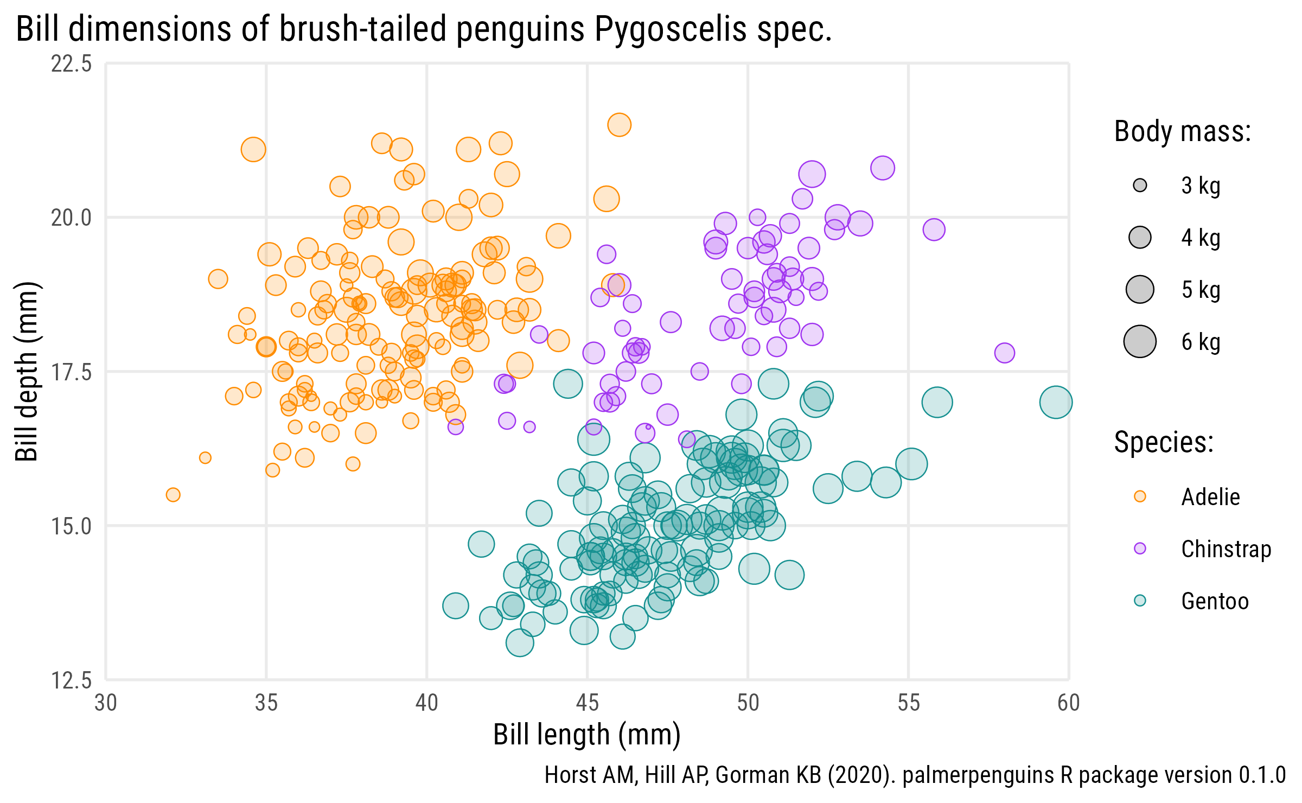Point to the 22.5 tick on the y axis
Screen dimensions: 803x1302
pos(72,64)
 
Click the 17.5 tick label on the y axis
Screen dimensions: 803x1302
pos(72,372)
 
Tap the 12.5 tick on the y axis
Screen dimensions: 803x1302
pos(72,680)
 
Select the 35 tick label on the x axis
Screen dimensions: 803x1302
pos(266,703)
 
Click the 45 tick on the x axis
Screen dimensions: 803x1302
pos(588,703)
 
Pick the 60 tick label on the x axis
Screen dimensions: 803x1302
pos(1068,703)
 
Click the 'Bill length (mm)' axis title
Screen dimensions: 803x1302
pos(587,735)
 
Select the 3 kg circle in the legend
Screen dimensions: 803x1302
pos(1140,186)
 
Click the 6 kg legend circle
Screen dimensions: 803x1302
pos(1140,342)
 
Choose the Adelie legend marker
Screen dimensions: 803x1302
pos(1140,496)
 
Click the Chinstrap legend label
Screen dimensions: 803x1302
pos(1226,549)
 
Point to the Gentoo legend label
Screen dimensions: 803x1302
pos(1215,601)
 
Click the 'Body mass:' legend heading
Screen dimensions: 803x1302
pos(1183,132)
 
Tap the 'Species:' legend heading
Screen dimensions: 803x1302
pos(1164,442)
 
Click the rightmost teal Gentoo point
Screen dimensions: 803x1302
pos(1056,402)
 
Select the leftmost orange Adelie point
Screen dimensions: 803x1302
pos(173,495)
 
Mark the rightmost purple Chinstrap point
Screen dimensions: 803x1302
pos(1005,353)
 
